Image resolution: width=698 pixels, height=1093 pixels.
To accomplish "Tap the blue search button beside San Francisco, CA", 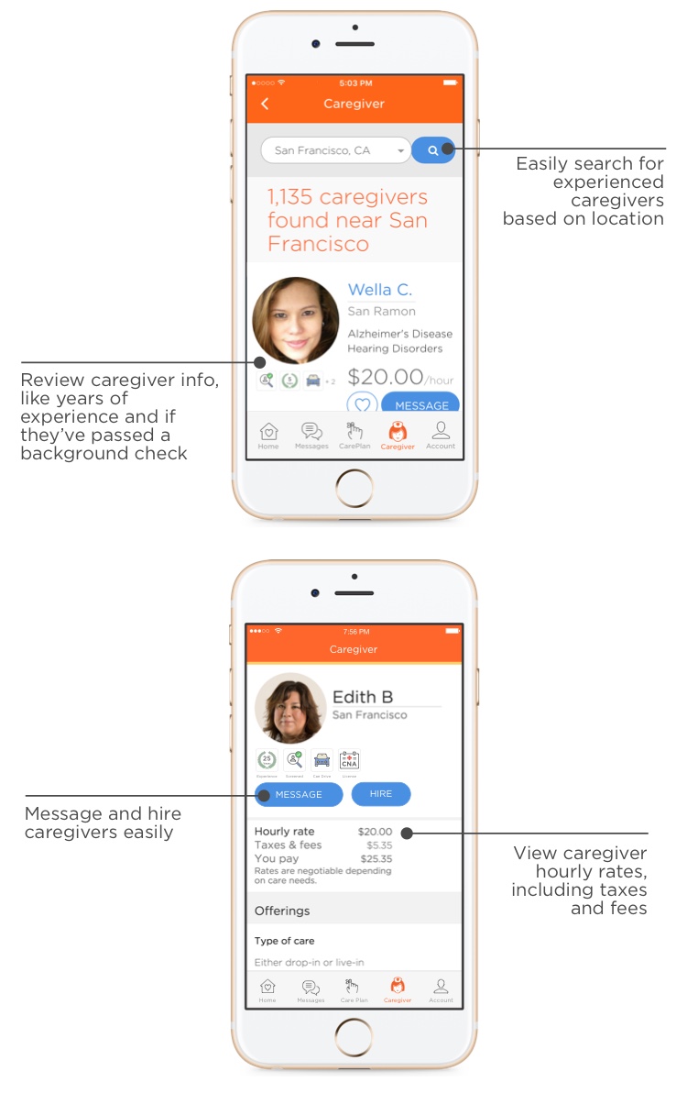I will [433, 150].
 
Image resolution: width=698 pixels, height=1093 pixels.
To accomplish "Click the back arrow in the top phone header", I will [265, 105].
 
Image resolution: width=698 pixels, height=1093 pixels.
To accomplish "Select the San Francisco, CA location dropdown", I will [335, 150].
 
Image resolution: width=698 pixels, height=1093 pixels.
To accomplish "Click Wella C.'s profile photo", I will [296, 321].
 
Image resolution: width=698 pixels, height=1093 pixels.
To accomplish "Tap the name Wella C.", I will [379, 290].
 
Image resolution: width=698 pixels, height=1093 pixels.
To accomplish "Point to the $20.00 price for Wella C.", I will [386, 377].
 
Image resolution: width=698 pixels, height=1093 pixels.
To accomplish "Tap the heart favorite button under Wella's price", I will [362, 404].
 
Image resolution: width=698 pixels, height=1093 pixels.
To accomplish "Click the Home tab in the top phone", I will [268, 435].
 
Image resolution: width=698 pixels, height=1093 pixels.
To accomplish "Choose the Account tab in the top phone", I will [441, 435].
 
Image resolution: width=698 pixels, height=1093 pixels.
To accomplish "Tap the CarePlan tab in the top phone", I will [354, 435].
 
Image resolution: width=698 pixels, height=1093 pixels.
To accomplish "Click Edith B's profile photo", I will [290, 708].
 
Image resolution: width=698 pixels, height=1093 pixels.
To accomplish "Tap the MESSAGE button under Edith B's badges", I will [299, 795].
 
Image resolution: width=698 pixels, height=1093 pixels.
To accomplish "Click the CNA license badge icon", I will [349, 760].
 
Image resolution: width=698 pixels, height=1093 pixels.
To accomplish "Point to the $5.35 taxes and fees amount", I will [378, 845].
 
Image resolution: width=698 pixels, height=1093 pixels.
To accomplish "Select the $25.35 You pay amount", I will [376, 859].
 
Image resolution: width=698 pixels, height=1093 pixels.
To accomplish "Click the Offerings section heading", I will [282, 911].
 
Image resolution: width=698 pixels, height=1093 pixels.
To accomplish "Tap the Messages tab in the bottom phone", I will [311, 990].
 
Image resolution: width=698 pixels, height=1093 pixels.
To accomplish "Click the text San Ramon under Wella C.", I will [381, 312].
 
